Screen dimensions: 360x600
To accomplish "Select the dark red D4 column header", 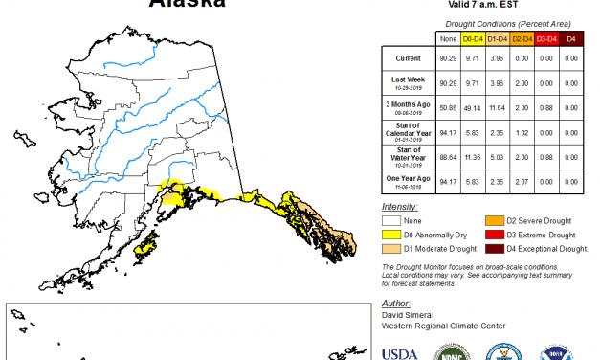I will click(x=571, y=38).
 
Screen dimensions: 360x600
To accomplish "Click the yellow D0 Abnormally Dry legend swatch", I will click(x=389, y=235).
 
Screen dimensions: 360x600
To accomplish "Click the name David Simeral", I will click(x=406, y=312).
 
